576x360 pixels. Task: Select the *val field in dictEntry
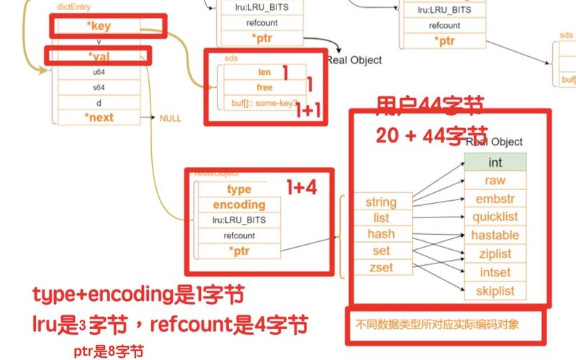point(98,56)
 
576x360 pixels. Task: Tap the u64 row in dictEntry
point(98,72)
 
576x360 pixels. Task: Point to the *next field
point(98,117)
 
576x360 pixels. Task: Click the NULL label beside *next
point(170,118)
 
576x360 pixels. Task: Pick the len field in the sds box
point(264,73)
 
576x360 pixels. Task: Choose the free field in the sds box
point(264,87)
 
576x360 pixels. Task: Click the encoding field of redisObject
point(239,204)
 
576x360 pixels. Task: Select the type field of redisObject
point(239,189)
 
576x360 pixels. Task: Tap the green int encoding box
point(495,163)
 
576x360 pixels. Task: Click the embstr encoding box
point(495,199)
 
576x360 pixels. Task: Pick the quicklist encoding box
point(495,217)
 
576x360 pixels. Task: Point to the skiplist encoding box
point(495,292)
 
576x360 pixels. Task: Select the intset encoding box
point(495,273)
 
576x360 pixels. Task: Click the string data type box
point(381,202)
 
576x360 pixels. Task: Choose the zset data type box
point(381,268)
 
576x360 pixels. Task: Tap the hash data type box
point(381,234)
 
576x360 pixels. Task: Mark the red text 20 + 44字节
point(431,135)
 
